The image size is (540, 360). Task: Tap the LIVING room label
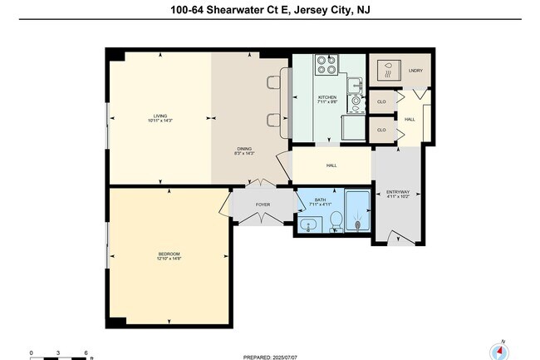160,118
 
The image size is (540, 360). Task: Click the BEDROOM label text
169,255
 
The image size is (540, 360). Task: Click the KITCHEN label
327,99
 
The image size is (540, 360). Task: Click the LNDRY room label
416,71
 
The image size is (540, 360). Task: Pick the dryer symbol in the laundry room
387,70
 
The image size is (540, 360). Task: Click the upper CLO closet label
381,101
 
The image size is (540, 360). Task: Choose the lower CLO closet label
381,131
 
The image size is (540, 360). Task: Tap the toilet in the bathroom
336,219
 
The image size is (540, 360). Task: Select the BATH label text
320,201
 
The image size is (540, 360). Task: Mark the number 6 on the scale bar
86,352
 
